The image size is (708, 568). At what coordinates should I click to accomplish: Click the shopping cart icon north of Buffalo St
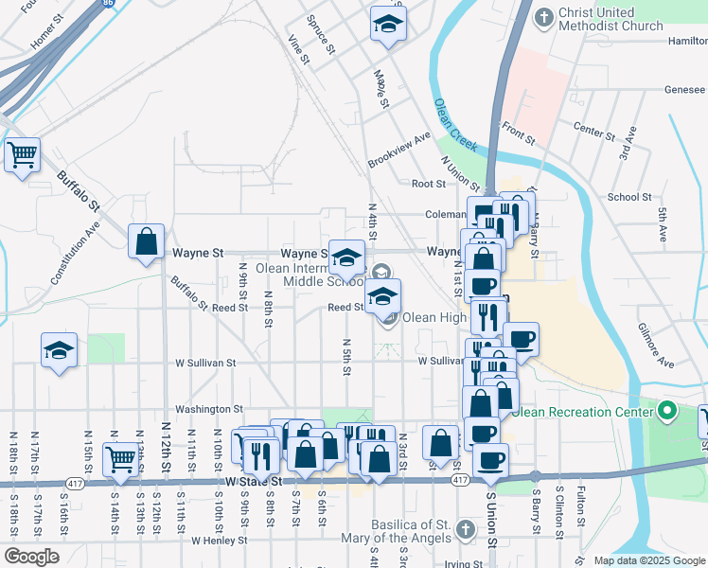click(22, 153)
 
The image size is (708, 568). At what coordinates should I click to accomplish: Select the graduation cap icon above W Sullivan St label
click(60, 351)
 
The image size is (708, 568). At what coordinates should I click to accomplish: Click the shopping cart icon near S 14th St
click(120, 459)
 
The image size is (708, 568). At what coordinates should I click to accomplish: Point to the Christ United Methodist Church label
click(611, 20)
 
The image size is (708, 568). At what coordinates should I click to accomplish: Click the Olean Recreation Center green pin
click(666, 412)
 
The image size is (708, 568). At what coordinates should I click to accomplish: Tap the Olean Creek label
click(454, 127)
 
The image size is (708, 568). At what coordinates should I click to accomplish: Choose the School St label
click(629, 197)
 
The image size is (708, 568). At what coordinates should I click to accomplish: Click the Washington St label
click(209, 409)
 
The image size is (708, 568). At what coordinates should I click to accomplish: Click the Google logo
click(31, 557)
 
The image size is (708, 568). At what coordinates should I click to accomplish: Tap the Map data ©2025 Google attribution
click(649, 560)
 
